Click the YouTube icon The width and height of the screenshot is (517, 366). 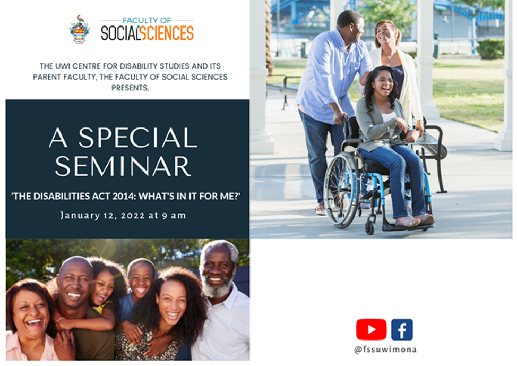pos(371,329)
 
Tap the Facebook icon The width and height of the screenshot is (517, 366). pos(402,329)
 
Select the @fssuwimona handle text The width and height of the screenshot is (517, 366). pos(385,350)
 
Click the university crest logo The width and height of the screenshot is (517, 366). pos(79,30)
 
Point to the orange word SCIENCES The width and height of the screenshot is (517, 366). pos(167,33)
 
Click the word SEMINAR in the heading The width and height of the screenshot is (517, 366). pos(123,166)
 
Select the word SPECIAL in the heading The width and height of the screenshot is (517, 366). pos(138,137)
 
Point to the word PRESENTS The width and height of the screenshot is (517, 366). pos(130,88)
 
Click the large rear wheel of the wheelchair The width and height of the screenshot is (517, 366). pos(342,190)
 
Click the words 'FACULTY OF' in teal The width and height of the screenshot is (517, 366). pos(147,21)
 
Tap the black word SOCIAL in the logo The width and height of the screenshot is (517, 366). pos(119,33)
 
